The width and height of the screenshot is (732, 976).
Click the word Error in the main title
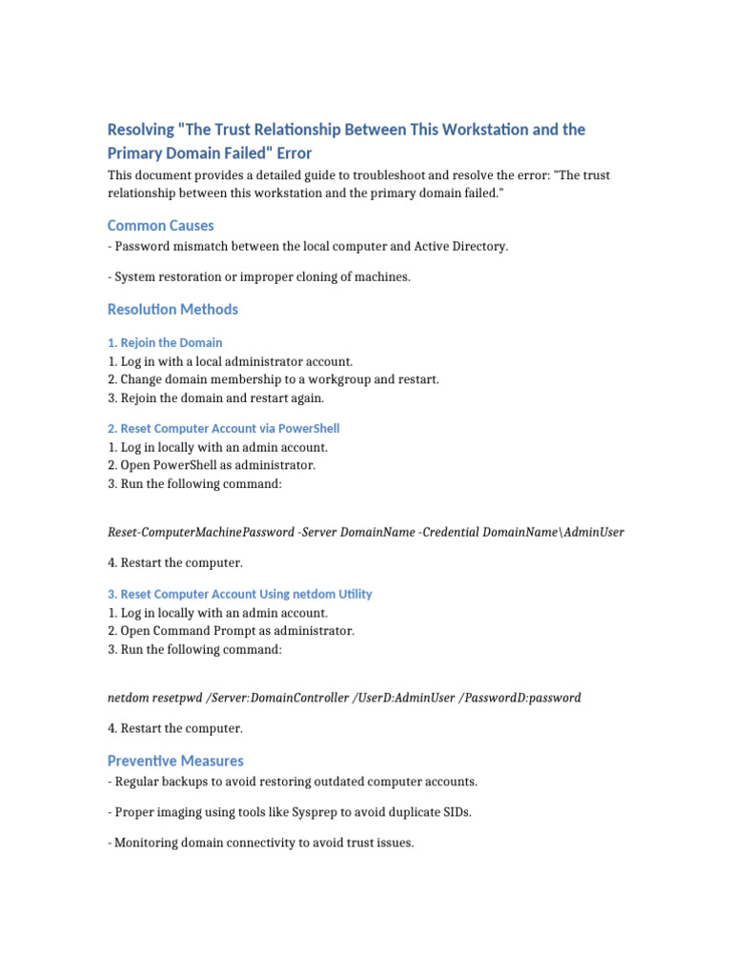(x=293, y=152)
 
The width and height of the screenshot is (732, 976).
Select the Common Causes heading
(x=160, y=226)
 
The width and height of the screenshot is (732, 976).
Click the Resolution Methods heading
(x=173, y=310)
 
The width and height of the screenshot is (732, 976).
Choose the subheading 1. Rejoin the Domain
(x=165, y=342)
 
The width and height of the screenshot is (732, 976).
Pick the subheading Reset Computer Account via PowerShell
(x=223, y=429)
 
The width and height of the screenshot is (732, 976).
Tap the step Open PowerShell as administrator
(x=211, y=465)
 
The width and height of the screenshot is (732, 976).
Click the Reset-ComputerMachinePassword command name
(x=201, y=532)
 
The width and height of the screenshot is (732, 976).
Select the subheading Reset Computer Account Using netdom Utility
(x=239, y=594)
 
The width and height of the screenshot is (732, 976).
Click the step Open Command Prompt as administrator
(x=231, y=631)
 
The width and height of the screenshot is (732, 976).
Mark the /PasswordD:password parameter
(x=519, y=698)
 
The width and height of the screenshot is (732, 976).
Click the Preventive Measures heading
(x=175, y=761)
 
